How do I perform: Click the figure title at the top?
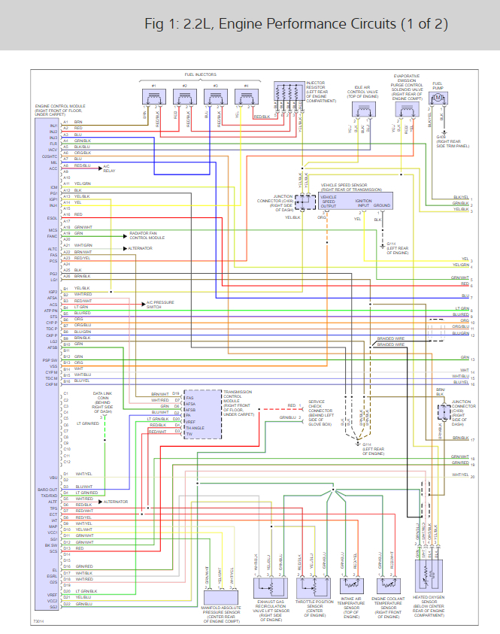(x=296, y=23)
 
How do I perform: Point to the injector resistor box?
(x=288, y=96)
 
